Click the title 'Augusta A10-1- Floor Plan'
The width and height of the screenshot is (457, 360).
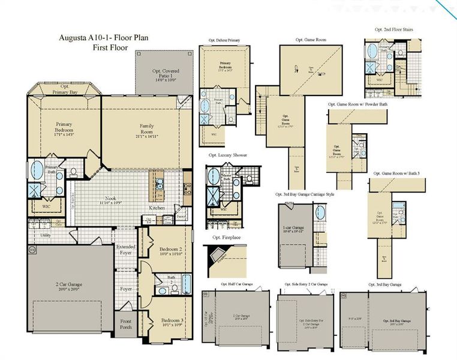pos(103,37)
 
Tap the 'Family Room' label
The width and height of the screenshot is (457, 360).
pos(147,129)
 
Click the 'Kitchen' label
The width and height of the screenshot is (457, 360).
pos(157,208)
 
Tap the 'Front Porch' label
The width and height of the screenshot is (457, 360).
pos(126,324)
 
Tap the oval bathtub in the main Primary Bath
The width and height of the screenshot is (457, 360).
pos(37,168)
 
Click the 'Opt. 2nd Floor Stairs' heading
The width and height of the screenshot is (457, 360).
pos(393,29)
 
